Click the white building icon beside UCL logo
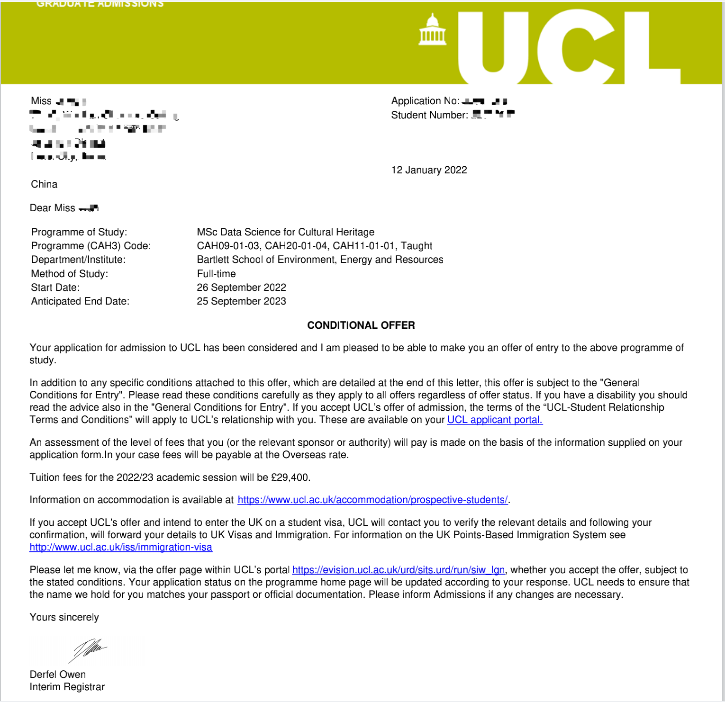click(432, 30)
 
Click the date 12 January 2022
click(429, 170)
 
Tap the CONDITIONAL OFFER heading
click(361, 325)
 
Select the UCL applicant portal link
click(495, 420)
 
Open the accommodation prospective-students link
click(372, 500)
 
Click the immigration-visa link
click(121, 547)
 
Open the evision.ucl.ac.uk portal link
click(398, 570)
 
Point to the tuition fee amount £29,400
click(290, 477)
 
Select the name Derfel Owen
click(58, 675)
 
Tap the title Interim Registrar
click(67, 687)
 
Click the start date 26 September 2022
click(241, 288)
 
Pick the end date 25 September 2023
click(241, 301)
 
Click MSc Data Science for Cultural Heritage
click(285, 232)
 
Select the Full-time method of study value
click(216, 274)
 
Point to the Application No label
click(425, 101)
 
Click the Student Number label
click(429, 115)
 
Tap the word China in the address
click(44, 184)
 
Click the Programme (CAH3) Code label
click(91, 246)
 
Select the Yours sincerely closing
click(64, 617)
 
